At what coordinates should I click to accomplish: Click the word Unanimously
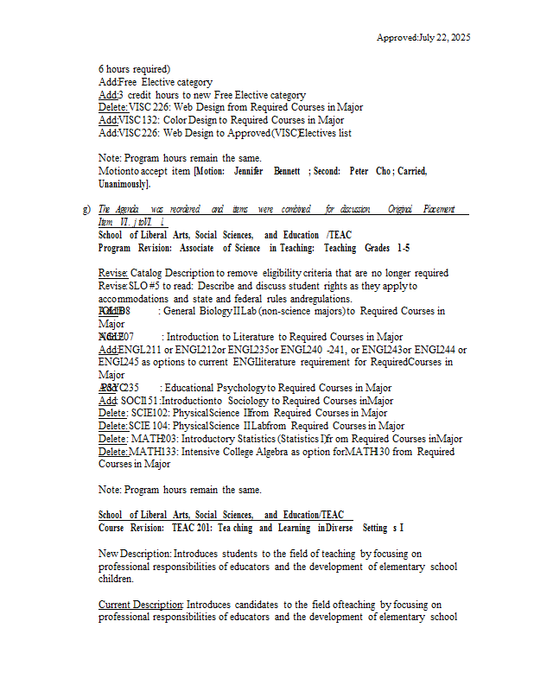(124, 184)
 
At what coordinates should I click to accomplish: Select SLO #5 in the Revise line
(144, 285)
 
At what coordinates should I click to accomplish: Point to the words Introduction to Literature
(219, 337)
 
